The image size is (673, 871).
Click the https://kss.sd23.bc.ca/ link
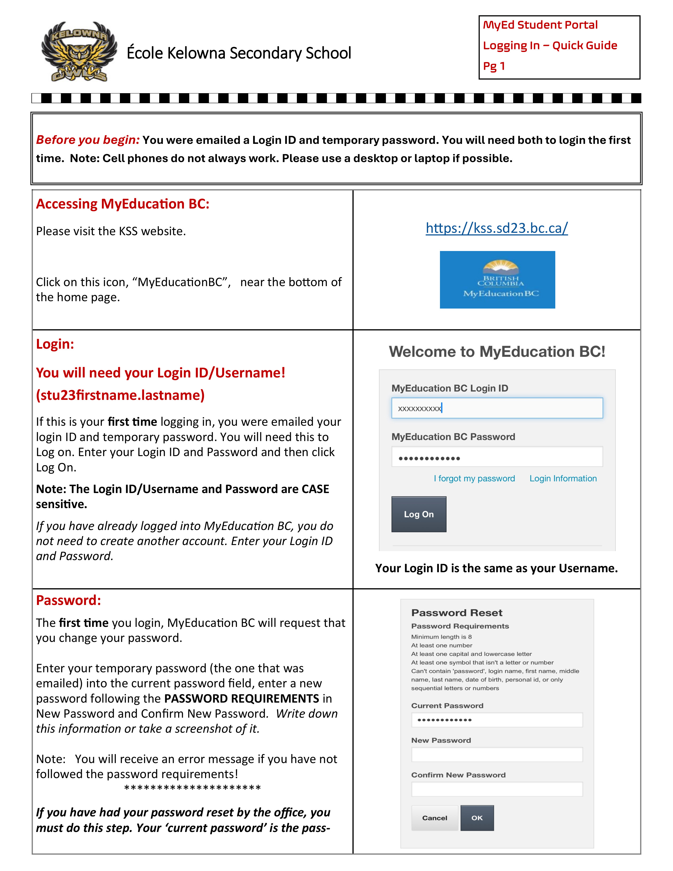pos(496,228)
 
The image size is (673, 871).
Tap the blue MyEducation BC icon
pos(497,280)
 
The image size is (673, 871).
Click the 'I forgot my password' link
pos(474,478)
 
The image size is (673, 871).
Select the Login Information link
pos(563,478)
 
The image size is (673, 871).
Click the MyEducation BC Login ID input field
pos(497,408)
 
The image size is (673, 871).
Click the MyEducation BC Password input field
pos(497,457)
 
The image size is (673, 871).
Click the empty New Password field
pos(497,755)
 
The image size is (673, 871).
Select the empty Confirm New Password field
pos(497,789)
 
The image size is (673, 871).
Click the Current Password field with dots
pos(497,720)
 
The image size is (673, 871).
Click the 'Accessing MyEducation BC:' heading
pos(122,204)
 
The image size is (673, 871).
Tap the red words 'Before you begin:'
pos(88,140)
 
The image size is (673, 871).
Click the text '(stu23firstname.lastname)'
pos(120,395)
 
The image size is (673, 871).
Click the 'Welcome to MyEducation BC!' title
pos(497,352)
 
